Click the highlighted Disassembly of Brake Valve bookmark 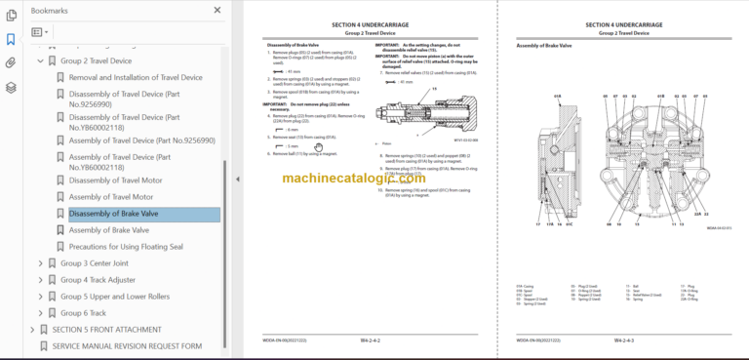tap(114, 214)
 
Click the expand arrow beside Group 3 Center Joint tap(40, 263)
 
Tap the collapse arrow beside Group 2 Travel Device tap(40, 60)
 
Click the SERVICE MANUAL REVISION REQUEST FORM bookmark tap(127, 345)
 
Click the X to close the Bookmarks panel tap(217, 11)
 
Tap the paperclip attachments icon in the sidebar tap(11, 62)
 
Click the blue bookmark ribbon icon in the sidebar tap(11, 39)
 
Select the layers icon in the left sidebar tap(11, 87)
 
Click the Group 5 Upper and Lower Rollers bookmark tap(115, 296)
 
